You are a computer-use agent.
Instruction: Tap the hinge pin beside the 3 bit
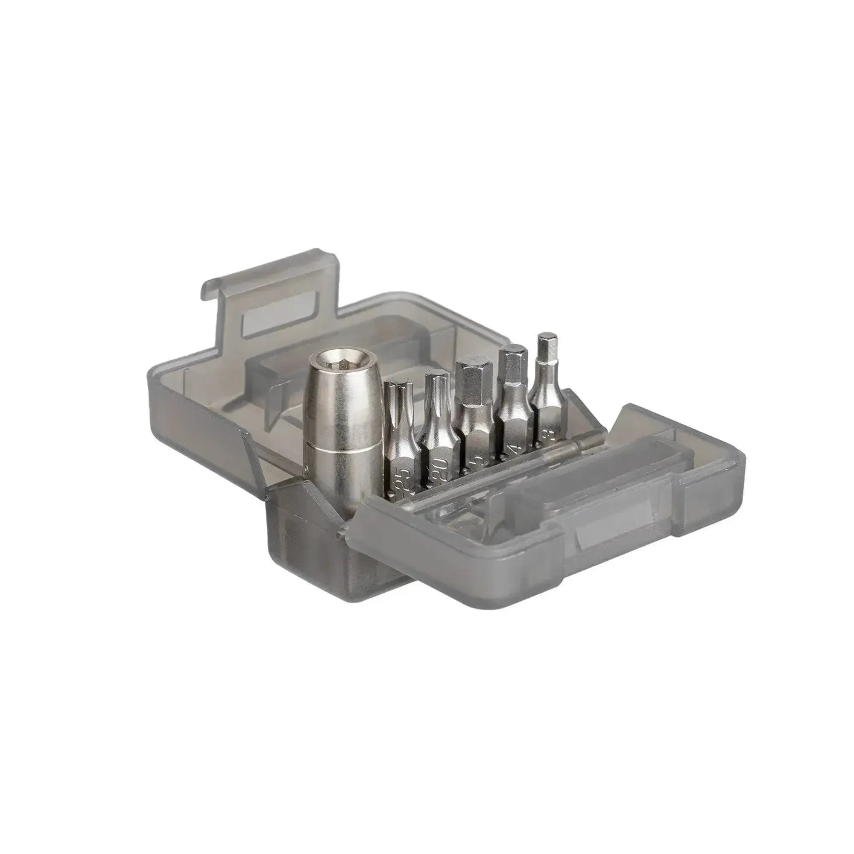588,447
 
